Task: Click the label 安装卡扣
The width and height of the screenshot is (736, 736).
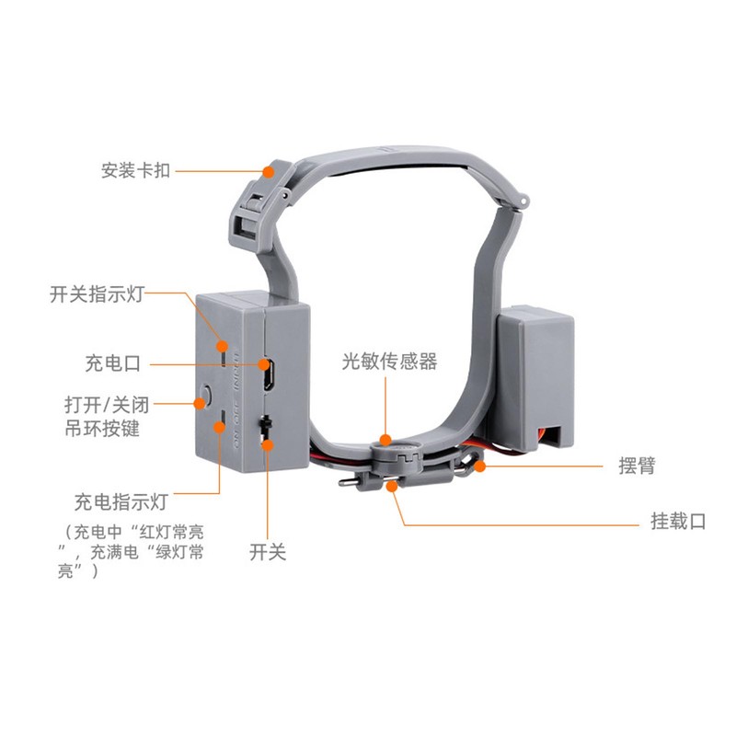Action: pyautogui.click(x=135, y=170)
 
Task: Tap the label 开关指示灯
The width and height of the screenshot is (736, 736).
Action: pyautogui.click(x=97, y=294)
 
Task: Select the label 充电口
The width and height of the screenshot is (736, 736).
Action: pyautogui.click(x=112, y=363)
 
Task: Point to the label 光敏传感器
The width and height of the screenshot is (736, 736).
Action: pyautogui.click(x=389, y=361)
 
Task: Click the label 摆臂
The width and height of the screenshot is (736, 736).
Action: pyautogui.click(x=637, y=466)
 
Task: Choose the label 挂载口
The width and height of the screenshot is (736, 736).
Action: pyautogui.click(x=678, y=521)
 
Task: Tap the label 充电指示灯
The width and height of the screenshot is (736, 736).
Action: pyautogui.click(x=121, y=501)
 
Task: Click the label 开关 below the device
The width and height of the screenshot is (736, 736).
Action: pyautogui.click(x=267, y=551)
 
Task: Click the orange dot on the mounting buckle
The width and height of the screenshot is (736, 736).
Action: pyautogui.click(x=268, y=172)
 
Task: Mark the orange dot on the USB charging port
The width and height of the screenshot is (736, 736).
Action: pyautogui.click(x=264, y=364)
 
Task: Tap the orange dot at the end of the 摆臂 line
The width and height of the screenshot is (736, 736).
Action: pyautogui.click(x=479, y=466)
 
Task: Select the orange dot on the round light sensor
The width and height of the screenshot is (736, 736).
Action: pyautogui.click(x=385, y=440)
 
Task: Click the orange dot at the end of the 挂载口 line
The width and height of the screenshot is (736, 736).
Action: pyautogui.click(x=392, y=487)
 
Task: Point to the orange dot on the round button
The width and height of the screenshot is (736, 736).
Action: pyautogui.click(x=200, y=403)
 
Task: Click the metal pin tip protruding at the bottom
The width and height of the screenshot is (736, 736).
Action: pyautogui.click(x=344, y=482)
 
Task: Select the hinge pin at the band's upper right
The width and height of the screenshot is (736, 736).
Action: pyautogui.click(x=523, y=201)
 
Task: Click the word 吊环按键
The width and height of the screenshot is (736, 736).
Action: pyautogui.click(x=102, y=428)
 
